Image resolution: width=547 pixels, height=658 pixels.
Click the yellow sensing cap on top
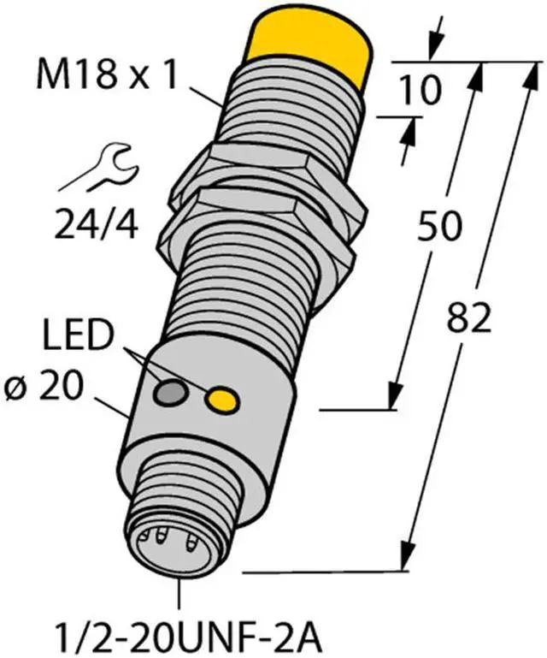(313, 47)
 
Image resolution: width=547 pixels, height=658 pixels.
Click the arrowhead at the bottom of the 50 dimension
(394, 397)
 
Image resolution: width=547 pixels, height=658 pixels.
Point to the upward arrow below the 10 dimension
(409, 132)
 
